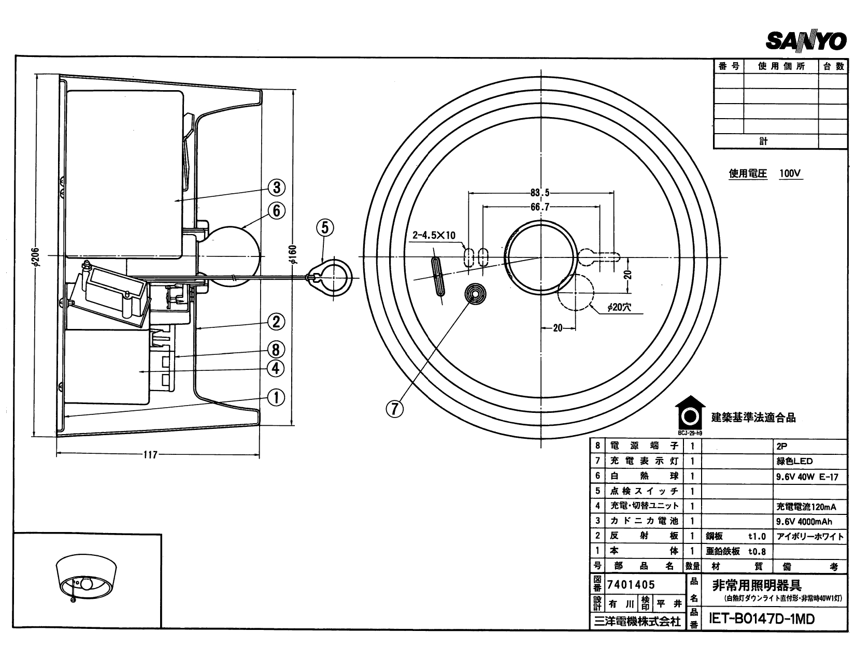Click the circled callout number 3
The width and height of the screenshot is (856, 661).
click(277, 187)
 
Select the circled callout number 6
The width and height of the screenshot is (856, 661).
click(277, 210)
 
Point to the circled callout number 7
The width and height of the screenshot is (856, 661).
click(394, 409)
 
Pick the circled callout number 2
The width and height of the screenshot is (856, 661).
click(276, 322)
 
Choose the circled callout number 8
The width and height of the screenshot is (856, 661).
click(276, 350)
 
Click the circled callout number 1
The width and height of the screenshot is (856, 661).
click(276, 397)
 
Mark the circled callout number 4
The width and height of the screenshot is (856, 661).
click(276, 368)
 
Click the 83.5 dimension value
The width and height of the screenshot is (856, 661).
click(539, 193)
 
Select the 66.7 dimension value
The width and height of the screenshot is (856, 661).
click(539, 207)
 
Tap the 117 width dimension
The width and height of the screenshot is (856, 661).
click(150, 455)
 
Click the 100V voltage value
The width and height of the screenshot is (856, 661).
click(791, 174)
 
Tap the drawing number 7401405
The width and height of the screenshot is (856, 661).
click(631, 585)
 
